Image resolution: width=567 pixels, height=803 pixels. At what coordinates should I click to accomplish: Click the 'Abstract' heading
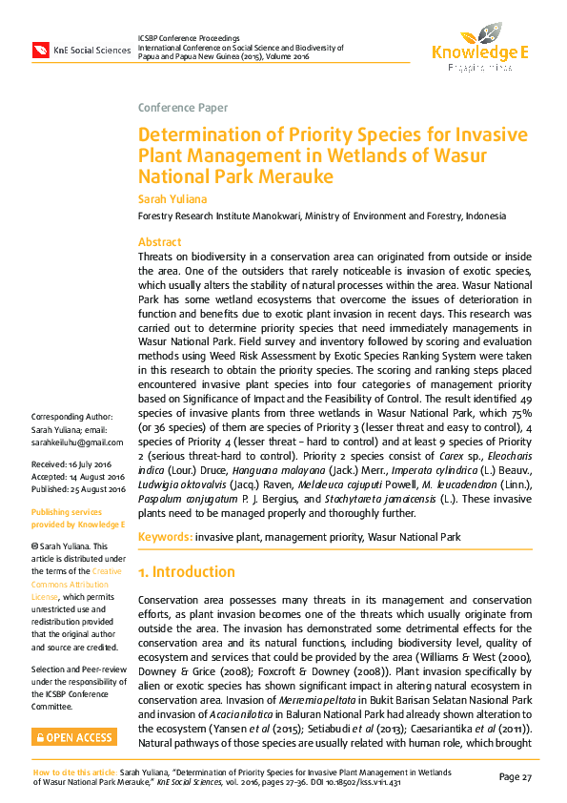click(x=159, y=242)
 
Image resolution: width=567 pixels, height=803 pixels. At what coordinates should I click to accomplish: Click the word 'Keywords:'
click(x=165, y=538)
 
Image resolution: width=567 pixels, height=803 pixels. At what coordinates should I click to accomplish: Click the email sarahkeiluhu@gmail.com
click(x=76, y=443)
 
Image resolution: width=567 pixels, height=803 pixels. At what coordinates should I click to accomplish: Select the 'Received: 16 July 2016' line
click(x=75, y=463)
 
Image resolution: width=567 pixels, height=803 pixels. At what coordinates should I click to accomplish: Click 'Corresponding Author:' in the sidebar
click(x=72, y=418)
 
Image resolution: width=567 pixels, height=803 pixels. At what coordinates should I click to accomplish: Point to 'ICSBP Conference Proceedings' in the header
click(x=188, y=36)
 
